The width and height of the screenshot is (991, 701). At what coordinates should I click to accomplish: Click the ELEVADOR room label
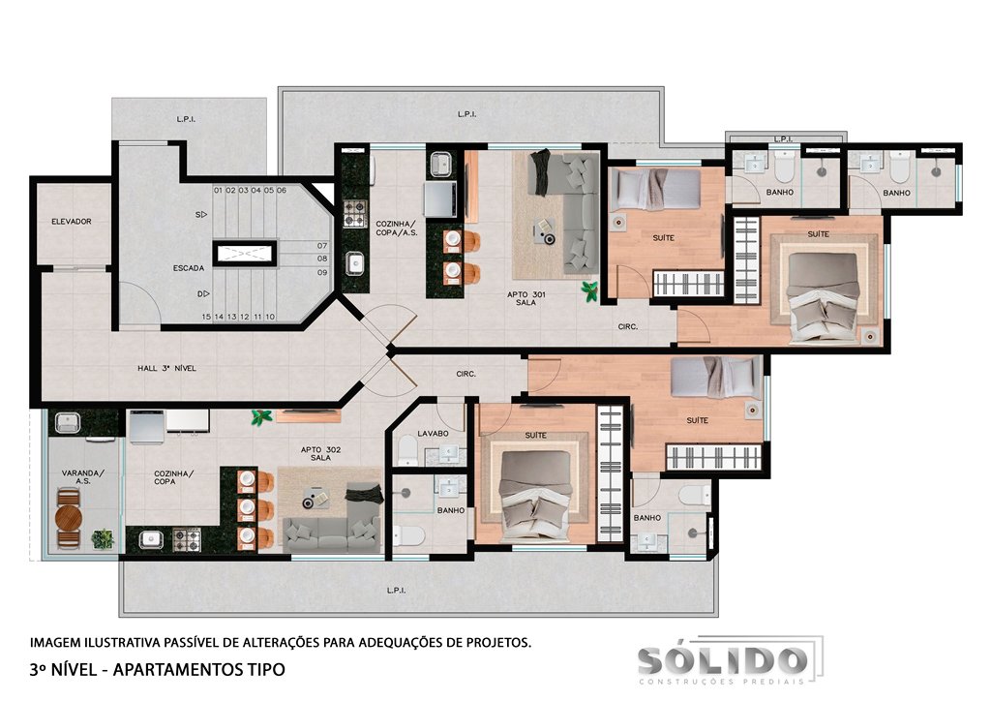click(72, 221)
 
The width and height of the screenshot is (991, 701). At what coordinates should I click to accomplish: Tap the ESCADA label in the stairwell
click(189, 268)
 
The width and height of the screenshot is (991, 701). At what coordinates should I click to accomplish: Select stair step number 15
click(206, 317)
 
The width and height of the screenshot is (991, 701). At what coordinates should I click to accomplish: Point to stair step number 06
click(282, 190)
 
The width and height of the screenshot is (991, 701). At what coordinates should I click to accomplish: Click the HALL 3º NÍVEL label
click(166, 368)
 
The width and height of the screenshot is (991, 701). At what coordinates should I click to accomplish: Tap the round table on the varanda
click(69, 518)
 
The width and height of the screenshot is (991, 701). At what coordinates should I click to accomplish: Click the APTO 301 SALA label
click(526, 298)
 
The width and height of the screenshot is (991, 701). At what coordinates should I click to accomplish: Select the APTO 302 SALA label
click(320, 453)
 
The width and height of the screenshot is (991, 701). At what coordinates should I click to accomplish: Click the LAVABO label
click(433, 433)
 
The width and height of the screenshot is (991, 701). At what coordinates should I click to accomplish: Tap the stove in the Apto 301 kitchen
click(355, 214)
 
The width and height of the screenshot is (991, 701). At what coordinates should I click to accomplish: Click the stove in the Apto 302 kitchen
click(187, 540)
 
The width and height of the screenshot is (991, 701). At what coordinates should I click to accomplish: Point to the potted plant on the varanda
click(103, 538)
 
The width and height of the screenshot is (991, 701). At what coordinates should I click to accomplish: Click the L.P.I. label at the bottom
click(396, 591)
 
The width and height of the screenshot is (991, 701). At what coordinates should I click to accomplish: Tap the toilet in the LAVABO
click(407, 449)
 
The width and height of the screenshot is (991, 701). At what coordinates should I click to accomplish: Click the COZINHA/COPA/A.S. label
click(396, 229)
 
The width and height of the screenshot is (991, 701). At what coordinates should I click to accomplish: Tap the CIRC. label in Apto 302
click(465, 374)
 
